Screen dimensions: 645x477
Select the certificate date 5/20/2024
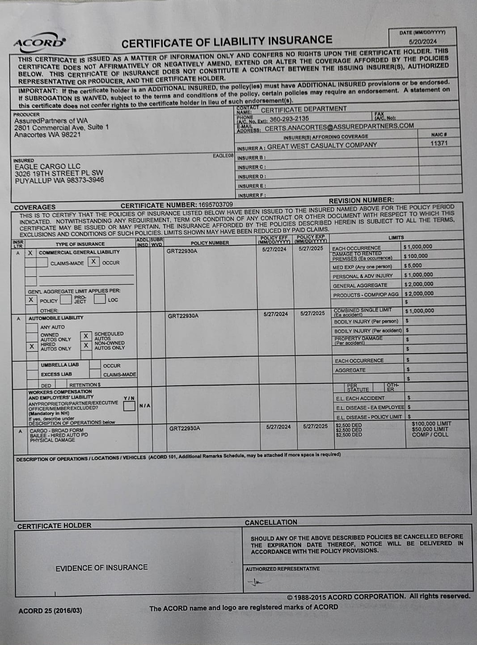pyautogui.click(x=422, y=41)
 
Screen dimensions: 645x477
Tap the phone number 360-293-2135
pyautogui.click(x=289, y=118)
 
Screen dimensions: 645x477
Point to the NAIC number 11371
pyautogui.click(x=439, y=143)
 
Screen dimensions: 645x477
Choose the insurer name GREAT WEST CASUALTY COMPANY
pyautogui.click(x=322, y=146)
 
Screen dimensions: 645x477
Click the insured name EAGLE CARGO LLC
pyautogui.click(x=47, y=166)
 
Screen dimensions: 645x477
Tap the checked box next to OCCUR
pyautogui.click(x=93, y=262)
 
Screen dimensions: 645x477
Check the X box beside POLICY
pyautogui.click(x=31, y=300)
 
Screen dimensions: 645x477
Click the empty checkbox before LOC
pyautogui.click(x=99, y=299)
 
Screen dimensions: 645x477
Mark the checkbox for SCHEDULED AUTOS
pyautogui.click(x=86, y=336)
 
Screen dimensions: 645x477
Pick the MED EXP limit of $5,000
pyautogui.click(x=413, y=266)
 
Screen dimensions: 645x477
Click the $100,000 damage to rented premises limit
pyautogui.click(x=415, y=256)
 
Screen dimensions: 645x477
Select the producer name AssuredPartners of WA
pyautogui.click(x=51, y=121)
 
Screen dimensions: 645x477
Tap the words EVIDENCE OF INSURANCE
pyautogui.click(x=101, y=568)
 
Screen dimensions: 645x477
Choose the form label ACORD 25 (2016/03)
pyautogui.click(x=50, y=611)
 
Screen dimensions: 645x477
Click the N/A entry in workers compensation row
pyautogui.click(x=145, y=406)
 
